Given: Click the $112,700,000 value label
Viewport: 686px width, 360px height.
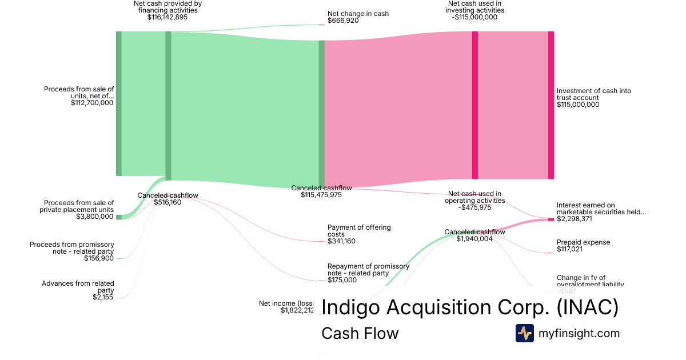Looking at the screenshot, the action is tap(93, 103).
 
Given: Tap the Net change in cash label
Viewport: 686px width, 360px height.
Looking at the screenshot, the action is tap(350, 13).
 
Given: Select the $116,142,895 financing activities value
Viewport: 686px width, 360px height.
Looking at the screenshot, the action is tap(167, 17).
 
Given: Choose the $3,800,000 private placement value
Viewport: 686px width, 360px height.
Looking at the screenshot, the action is tap(95, 217).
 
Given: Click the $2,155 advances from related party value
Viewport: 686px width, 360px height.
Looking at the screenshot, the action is tap(103, 297).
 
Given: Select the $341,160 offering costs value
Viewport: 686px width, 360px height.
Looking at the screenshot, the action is tap(341, 241).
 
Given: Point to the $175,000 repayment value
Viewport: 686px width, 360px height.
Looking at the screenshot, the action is tap(341, 280).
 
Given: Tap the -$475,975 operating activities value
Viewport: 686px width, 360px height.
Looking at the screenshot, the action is tap(474, 207).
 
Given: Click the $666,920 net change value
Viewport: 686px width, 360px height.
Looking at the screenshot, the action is tap(343, 21).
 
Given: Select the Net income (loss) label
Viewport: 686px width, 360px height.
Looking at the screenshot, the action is tap(286, 303).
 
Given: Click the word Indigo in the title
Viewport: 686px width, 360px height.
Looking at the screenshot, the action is tap(350, 307).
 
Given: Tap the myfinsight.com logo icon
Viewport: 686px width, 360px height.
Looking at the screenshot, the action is tap(524, 333).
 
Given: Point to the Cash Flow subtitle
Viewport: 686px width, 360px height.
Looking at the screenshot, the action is tap(360, 333).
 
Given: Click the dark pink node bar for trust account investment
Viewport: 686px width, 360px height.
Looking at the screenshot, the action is tap(551, 105).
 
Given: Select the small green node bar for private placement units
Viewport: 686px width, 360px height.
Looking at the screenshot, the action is tap(119, 217).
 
